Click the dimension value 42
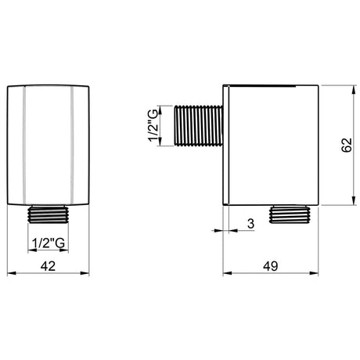pos(48,266)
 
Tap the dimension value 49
pos(271,266)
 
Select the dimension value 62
pos(347,145)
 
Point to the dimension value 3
pos(250,224)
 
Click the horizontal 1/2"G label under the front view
pos(49,243)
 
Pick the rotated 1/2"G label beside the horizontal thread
pos(153,125)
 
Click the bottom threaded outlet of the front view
pos(48,214)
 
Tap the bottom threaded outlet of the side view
pos(290,214)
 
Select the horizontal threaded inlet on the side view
pos(198,125)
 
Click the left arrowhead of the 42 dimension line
pos(12,273)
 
